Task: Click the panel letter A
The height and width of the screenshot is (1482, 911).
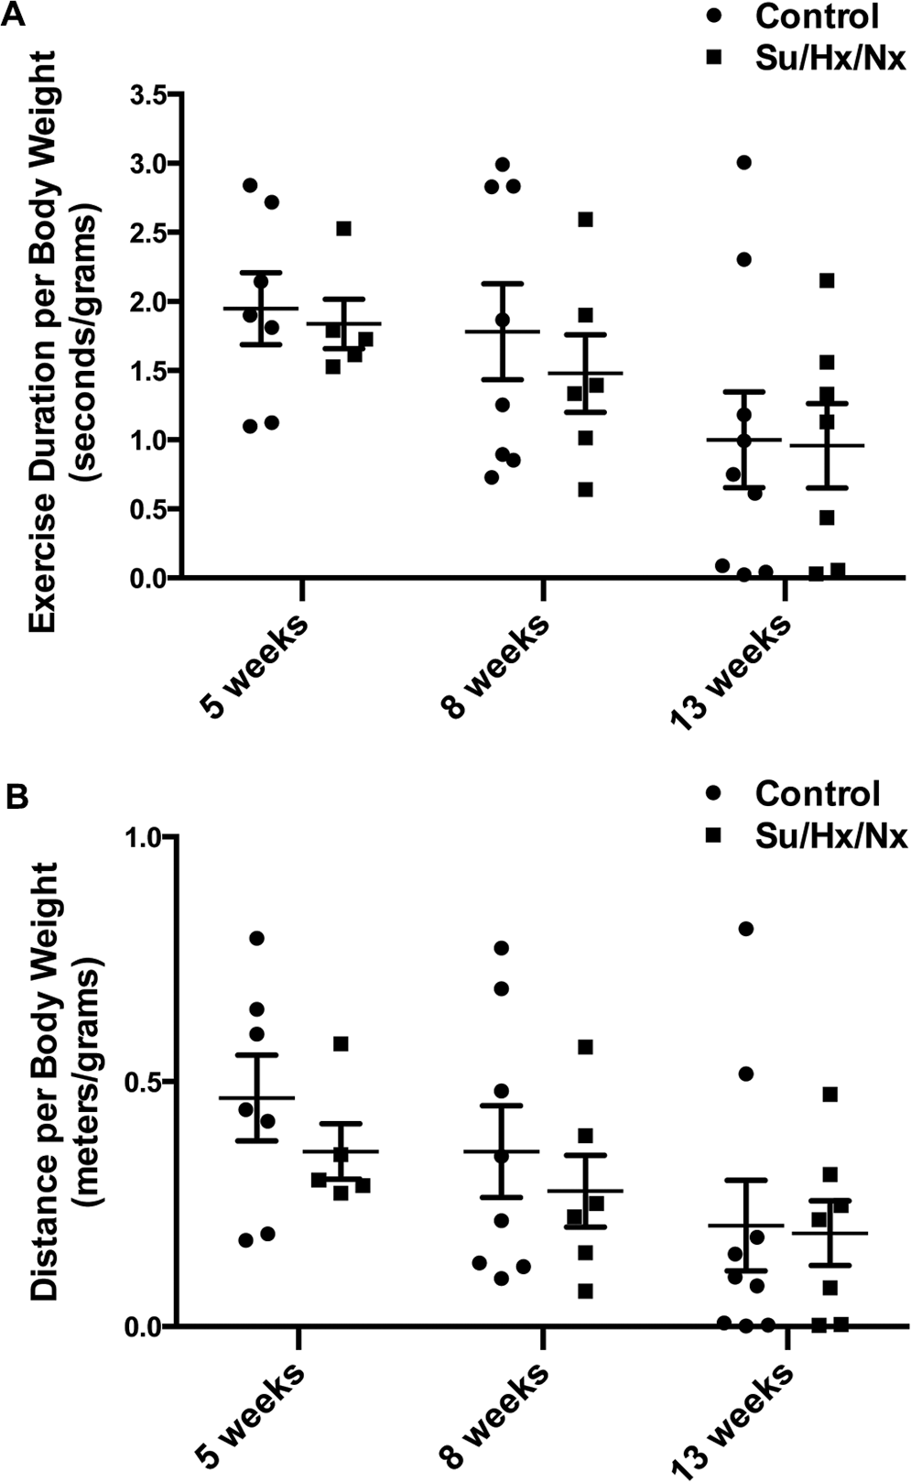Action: (14, 13)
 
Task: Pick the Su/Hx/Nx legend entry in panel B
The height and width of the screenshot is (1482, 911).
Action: (808, 836)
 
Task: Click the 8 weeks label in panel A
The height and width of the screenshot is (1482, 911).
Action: (493, 666)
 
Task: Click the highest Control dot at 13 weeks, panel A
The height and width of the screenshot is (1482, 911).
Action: (744, 163)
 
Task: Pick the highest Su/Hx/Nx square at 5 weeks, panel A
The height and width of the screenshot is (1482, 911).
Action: (343, 229)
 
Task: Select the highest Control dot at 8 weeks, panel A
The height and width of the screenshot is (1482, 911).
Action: (503, 164)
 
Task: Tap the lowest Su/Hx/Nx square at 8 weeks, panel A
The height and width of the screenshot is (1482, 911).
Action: (586, 490)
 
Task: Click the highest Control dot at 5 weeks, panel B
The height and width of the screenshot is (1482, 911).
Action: (256, 938)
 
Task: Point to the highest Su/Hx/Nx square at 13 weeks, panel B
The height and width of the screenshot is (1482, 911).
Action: (830, 1095)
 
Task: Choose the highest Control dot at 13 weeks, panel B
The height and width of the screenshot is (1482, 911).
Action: (745, 929)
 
